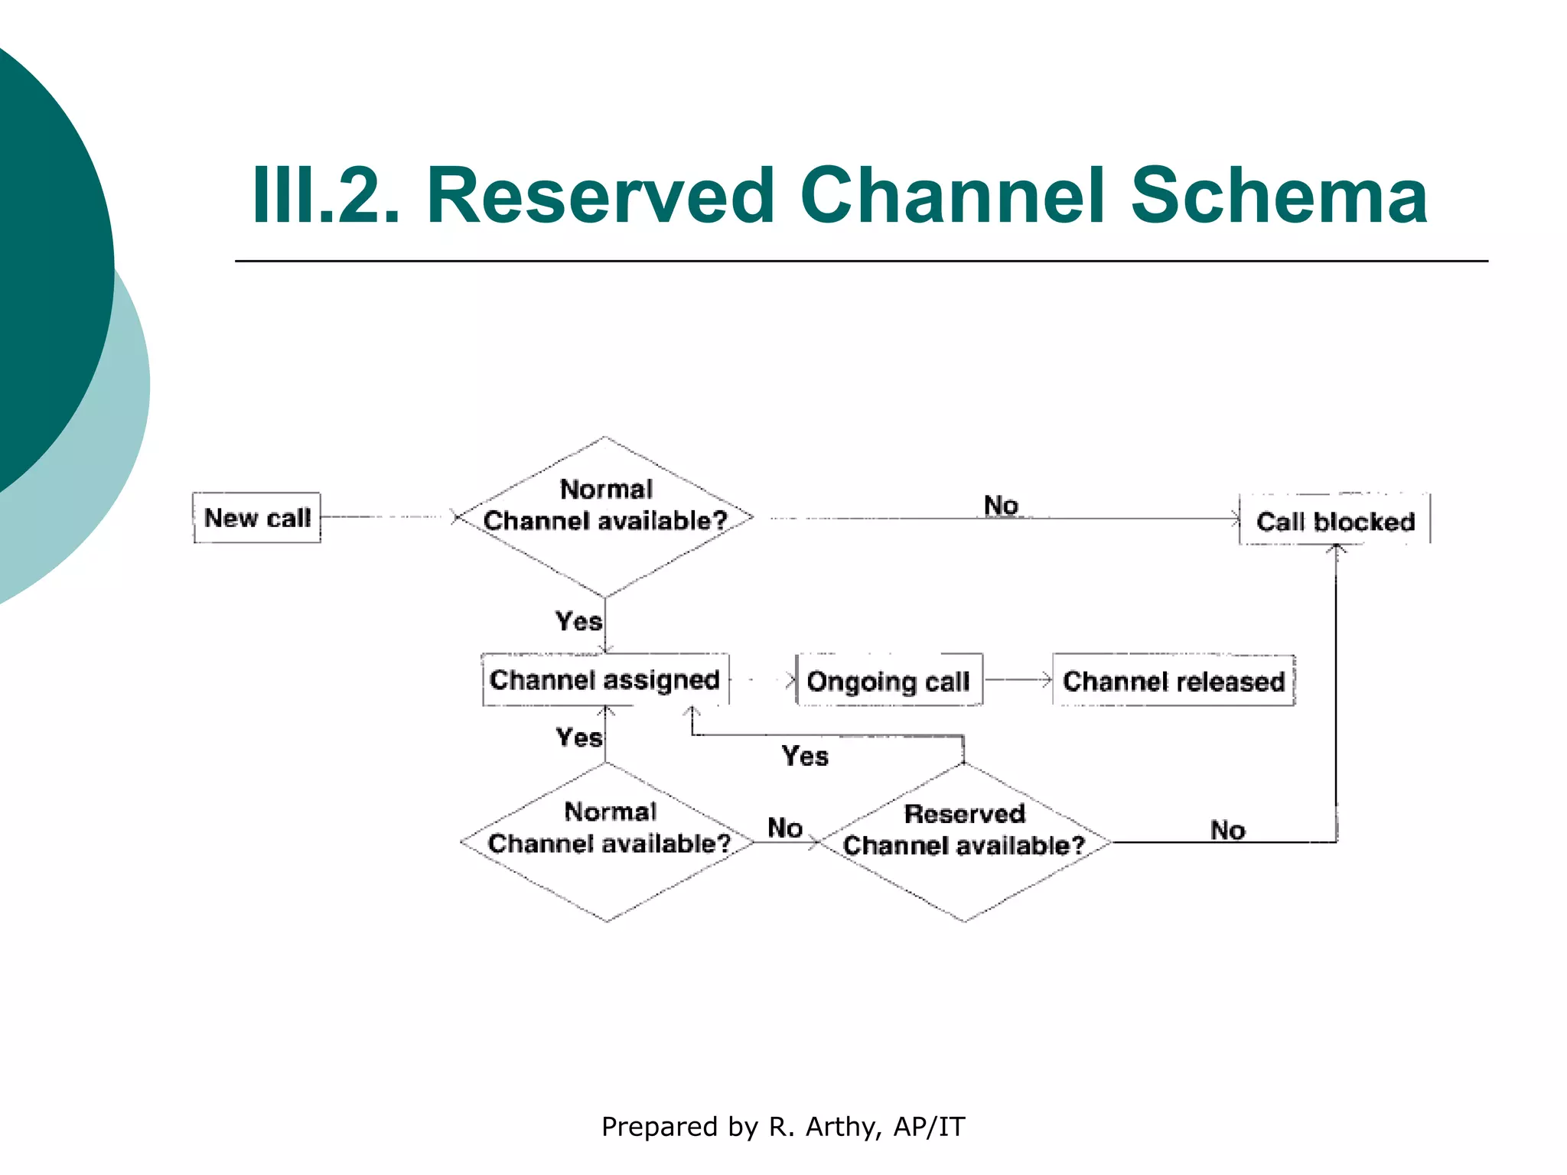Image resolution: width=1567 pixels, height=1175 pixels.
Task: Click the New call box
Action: point(256,518)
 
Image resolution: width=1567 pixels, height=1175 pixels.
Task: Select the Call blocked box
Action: point(1334,520)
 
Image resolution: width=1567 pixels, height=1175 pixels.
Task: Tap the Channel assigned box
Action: point(604,679)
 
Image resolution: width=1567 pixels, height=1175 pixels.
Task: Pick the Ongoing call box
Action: point(888,680)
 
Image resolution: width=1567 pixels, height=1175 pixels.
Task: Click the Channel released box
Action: point(1173,680)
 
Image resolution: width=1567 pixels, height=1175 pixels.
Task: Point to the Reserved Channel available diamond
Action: point(964,841)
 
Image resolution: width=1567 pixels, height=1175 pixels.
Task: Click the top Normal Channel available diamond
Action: point(605,516)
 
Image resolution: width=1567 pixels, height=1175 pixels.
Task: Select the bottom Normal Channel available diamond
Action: point(608,841)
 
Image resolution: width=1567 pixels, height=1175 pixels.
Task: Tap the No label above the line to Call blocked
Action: point(1001,505)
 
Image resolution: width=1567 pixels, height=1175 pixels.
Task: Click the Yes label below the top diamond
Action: point(578,621)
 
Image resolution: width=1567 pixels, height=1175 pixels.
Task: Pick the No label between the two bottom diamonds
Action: point(785,828)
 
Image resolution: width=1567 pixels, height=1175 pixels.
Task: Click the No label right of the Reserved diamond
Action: point(1227,830)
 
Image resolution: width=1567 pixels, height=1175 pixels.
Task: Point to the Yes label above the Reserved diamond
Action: point(805,756)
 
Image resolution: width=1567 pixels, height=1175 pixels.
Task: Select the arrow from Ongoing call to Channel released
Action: point(1018,679)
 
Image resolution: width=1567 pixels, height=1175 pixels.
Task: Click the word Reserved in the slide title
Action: point(601,196)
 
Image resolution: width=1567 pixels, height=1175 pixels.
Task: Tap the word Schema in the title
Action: point(1279,196)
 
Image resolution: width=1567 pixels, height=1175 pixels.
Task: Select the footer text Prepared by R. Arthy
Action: point(783,1126)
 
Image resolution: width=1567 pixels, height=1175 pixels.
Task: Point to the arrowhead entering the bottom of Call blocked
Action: point(1336,549)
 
